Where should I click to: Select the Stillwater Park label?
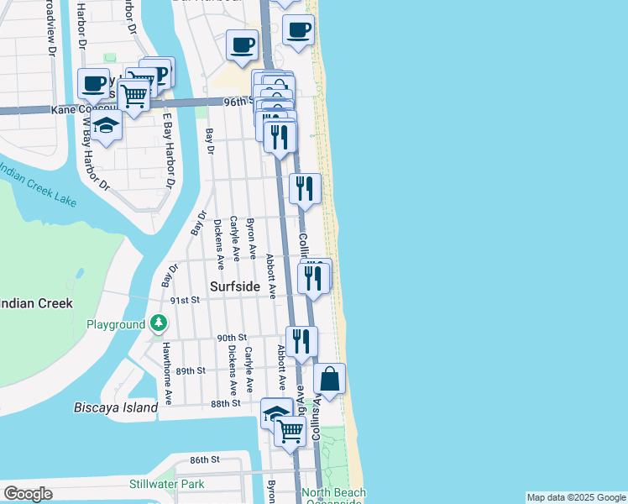coord(167,484)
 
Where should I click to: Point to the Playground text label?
coord(116,324)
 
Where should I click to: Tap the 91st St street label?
coord(185,299)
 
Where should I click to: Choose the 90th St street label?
coord(229,338)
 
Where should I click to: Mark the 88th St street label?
coord(226,403)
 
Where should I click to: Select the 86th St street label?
coord(204,459)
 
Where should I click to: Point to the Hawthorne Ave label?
coord(168,373)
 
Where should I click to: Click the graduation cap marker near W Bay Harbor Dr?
coord(107,127)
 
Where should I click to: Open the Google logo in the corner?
coord(28,494)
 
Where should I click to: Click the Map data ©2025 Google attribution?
coord(576,497)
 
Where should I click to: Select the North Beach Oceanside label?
coord(333,496)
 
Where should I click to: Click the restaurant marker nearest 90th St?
coord(301,340)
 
